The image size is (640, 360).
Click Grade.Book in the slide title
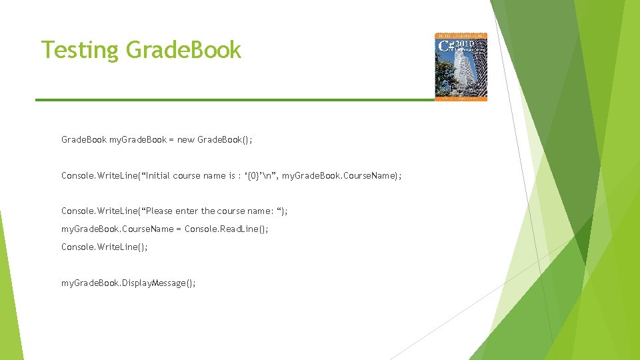183,49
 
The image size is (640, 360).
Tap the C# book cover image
461,67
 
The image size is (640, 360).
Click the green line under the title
233,100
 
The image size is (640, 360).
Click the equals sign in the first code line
171,140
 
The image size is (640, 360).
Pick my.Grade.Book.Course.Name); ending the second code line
342,176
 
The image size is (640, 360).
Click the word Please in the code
159,211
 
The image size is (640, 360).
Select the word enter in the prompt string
187,211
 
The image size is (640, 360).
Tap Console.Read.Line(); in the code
226,229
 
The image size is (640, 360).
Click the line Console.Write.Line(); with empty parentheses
104,247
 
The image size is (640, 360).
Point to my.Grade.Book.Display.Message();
129,283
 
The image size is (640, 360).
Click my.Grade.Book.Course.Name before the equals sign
117,229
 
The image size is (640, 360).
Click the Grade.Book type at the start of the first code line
84,140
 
